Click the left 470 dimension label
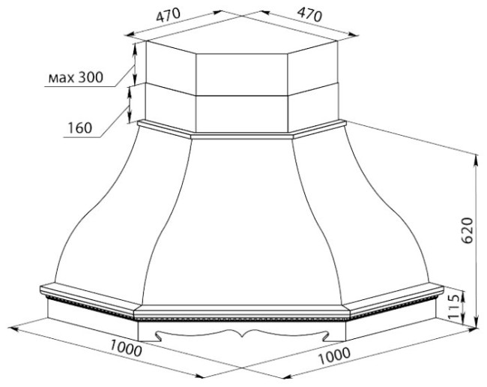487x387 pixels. click(x=168, y=15)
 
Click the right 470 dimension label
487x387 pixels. click(x=309, y=15)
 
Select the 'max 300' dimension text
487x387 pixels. click(x=76, y=77)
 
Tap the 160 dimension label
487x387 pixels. click(x=80, y=127)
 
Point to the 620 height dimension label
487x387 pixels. click(x=467, y=230)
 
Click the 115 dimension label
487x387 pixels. click(x=454, y=307)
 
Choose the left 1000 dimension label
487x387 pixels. click(x=127, y=348)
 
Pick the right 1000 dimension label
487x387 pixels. click(x=334, y=356)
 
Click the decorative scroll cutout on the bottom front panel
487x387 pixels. click(x=242, y=334)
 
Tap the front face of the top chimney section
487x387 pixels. click(x=242, y=74)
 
